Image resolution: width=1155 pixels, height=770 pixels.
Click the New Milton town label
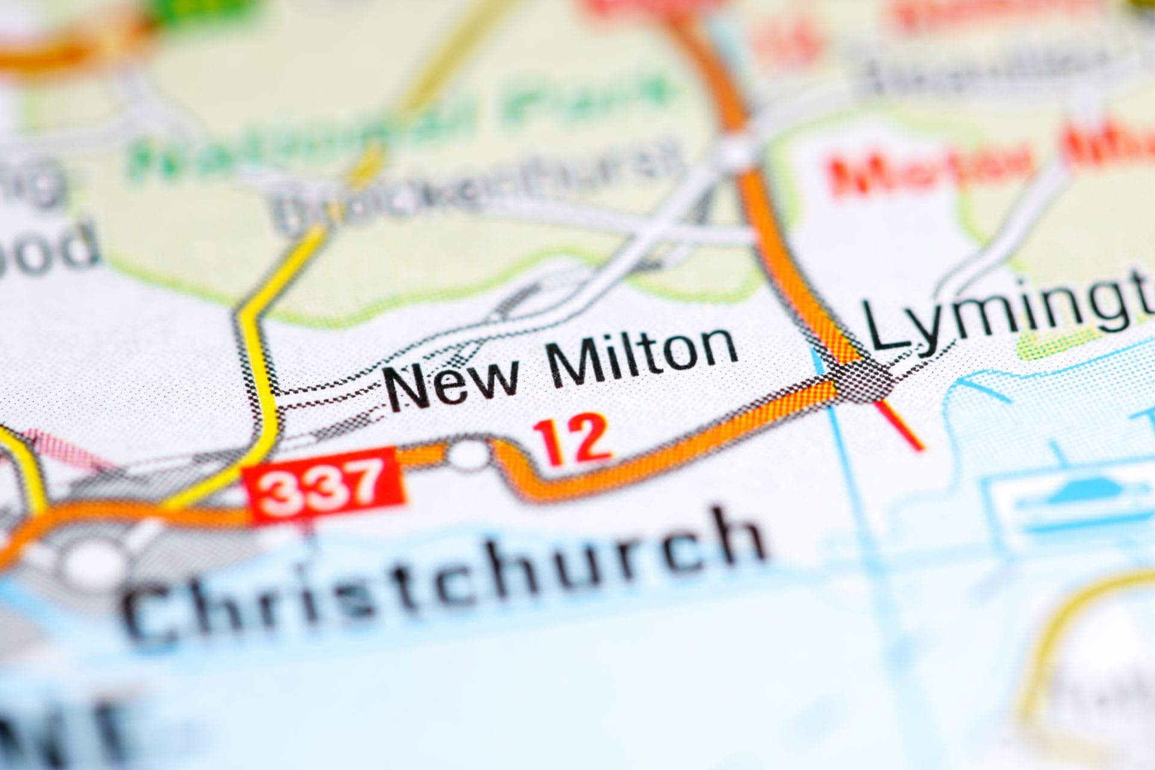tap(562, 367)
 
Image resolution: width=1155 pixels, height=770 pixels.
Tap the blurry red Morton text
tap(932, 162)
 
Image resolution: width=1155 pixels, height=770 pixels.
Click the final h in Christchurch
tap(731, 535)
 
